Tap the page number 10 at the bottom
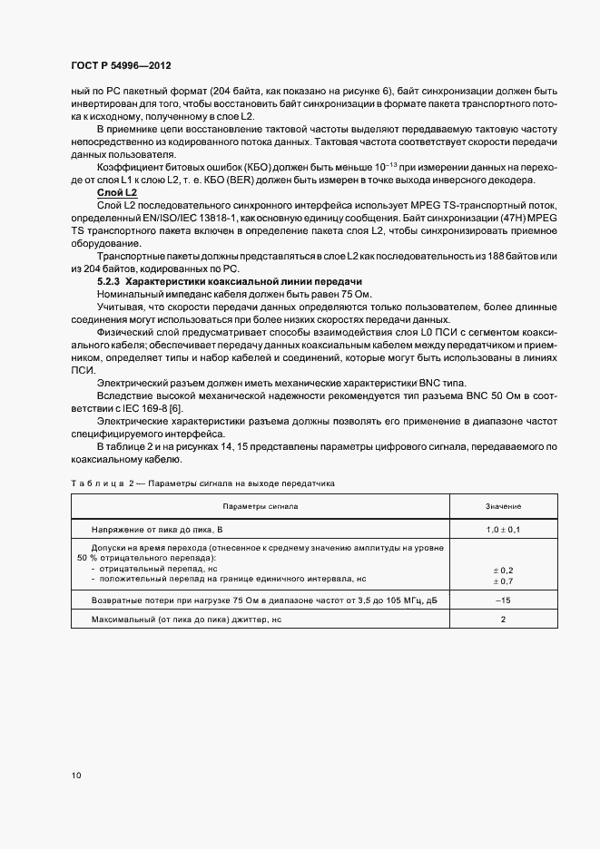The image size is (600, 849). [x=75, y=776]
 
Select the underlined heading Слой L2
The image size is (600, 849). [x=117, y=194]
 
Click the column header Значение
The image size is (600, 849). [x=502, y=506]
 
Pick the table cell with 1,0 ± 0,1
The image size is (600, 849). [x=502, y=528]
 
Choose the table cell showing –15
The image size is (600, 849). [x=502, y=600]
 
